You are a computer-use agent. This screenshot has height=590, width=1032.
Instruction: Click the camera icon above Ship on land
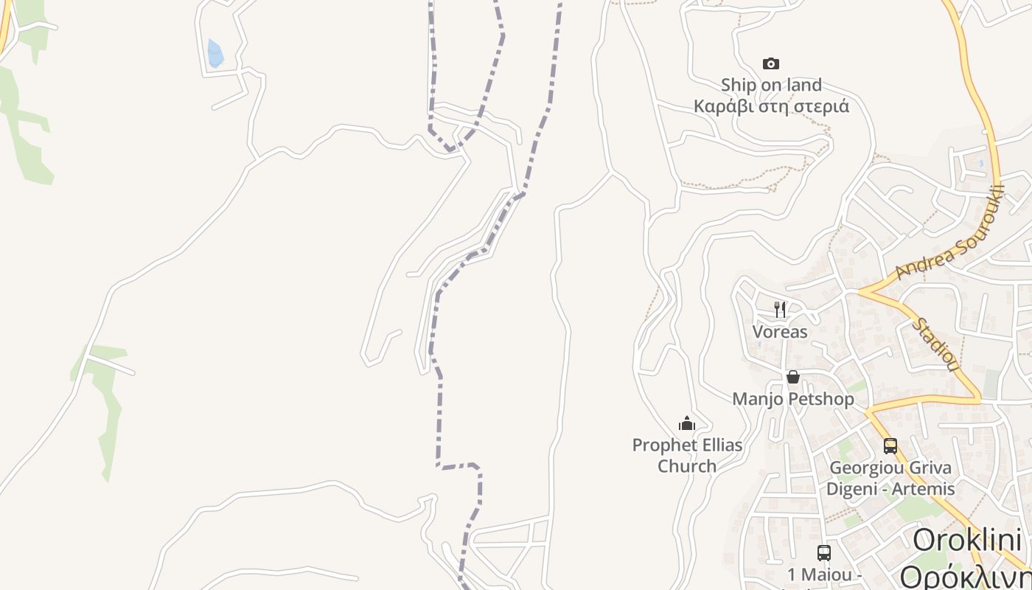[x=771, y=64]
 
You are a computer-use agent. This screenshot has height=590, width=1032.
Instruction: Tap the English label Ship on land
[x=771, y=86]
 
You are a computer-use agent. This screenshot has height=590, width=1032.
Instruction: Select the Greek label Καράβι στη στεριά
[x=771, y=106]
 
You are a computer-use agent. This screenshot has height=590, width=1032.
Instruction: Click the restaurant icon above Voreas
[x=780, y=309]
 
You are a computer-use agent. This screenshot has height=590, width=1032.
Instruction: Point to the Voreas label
[x=780, y=332]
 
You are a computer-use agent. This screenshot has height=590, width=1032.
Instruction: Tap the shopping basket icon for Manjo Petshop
[x=793, y=377]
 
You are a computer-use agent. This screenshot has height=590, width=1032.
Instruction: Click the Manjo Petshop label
[x=793, y=399]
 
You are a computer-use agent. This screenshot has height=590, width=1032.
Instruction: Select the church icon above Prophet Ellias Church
[x=687, y=423]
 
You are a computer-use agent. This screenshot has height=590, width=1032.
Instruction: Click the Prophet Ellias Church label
[x=687, y=455]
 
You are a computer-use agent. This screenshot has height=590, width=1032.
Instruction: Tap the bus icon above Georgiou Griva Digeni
[x=890, y=445]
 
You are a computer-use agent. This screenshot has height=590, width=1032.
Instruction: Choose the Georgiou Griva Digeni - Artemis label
[x=890, y=478]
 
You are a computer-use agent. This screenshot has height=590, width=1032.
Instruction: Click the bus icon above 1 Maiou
[x=824, y=552]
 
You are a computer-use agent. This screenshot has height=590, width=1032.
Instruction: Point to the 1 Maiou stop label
[x=824, y=575]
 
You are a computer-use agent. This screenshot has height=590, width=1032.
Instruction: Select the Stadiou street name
[x=935, y=344]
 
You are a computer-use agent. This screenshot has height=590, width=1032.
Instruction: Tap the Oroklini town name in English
[x=967, y=540]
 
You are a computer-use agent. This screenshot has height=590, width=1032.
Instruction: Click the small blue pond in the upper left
[x=215, y=54]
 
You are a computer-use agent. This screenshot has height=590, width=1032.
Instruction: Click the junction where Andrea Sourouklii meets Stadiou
[x=864, y=291]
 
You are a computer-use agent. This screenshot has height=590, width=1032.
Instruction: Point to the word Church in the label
[x=687, y=466]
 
